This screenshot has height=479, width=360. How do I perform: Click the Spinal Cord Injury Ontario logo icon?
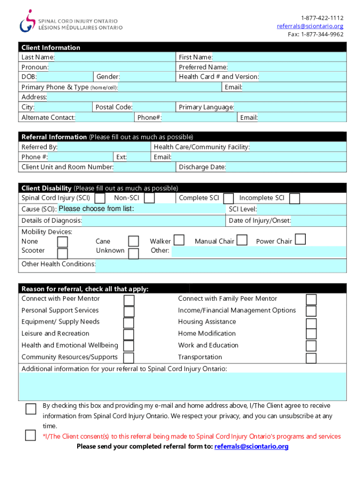coord(28,21)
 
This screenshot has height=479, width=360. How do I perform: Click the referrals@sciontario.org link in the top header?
coord(310,26)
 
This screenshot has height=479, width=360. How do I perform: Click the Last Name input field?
coord(114,57)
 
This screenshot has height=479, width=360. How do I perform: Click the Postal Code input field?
coord(154,107)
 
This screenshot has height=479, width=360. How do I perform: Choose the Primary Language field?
coord(290,107)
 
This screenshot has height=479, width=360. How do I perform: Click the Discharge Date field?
coord(286,167)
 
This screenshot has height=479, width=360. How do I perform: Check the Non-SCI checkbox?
coord(150,198)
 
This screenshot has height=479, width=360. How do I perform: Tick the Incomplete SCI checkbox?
coord(295,198)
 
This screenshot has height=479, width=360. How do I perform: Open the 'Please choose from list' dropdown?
coord(140,209)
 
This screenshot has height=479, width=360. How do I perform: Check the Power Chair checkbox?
coord(301,240)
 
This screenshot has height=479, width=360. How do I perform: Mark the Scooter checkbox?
coord(62,253)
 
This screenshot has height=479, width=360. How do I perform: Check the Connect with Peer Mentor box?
coord(129,300)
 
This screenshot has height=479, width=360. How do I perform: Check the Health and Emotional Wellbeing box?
coord(129,346)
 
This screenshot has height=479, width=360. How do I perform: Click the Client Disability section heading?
coord(46,188)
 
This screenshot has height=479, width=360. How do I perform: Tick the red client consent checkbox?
coord(30,435)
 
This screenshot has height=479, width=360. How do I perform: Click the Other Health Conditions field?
coord(221,265)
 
